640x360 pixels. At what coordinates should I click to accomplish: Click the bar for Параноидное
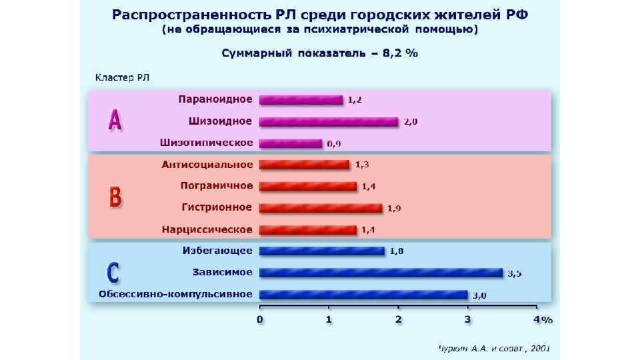coord(301,100)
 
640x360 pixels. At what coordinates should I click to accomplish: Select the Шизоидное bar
coord(329,122)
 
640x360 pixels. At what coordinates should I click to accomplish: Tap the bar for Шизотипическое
coord(291,143)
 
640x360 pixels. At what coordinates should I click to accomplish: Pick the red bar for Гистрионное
coord(321,208)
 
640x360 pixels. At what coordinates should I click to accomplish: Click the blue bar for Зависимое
coord(381,273)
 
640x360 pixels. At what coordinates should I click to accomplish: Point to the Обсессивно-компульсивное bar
coord(363,295)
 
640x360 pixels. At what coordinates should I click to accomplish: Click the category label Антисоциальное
coord(207,164)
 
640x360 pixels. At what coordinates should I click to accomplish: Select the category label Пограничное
coord(217,185)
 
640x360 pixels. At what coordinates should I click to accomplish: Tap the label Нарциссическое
coord(207,229)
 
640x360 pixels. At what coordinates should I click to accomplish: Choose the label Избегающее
coord(217,251)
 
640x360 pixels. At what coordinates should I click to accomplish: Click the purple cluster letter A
coord(115,121)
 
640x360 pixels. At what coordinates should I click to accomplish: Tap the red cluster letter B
coord(115,197)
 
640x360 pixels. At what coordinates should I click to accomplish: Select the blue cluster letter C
coord(114,273)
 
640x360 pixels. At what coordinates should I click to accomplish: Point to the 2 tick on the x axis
coord(398,320)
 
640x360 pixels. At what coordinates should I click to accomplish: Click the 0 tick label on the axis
coord(260,320)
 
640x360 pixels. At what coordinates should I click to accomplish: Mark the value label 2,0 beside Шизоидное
coord(410,122)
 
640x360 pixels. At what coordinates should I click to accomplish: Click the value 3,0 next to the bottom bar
coord(479,295)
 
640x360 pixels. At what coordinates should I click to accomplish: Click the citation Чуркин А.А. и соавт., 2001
coord(494,348)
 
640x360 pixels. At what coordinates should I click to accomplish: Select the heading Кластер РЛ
coord(123,78)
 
